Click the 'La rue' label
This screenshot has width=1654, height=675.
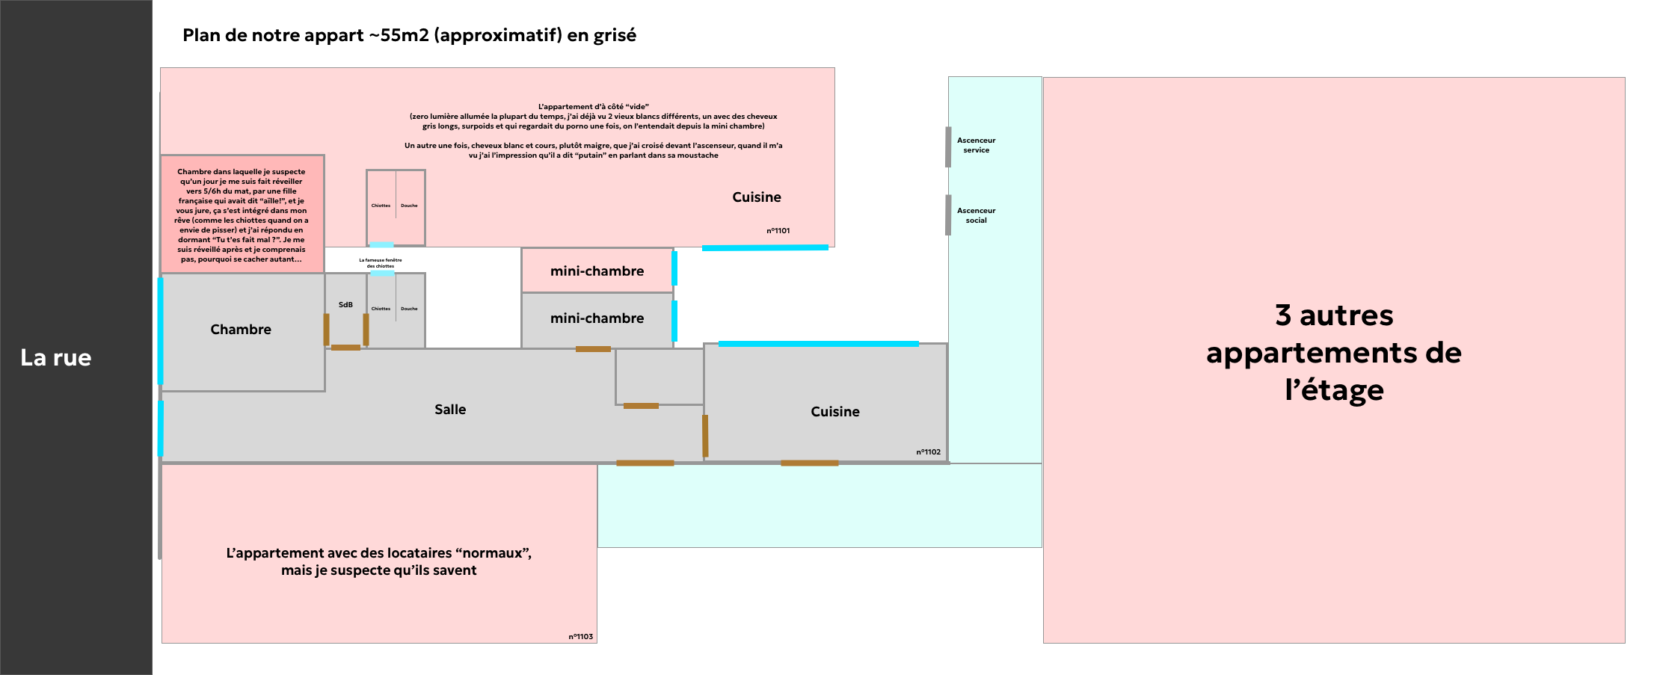(56, 357)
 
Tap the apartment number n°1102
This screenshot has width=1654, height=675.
(928, 451)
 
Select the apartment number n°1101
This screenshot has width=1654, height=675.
(778, 230)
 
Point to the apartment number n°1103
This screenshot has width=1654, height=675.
(580, 636)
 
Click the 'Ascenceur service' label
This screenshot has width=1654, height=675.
(976, 145)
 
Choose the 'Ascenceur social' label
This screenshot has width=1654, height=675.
(976, 215)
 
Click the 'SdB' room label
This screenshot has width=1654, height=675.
(345, 304)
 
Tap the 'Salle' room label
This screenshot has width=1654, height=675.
(450, 409)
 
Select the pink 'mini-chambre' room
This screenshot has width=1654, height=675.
(597, 271)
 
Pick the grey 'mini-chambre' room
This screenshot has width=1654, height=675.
(597, 318)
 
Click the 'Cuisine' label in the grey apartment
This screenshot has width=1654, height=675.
(834, 411)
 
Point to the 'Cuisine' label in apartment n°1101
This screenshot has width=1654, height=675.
(756, 197)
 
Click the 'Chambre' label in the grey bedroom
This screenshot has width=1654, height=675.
(241, 329)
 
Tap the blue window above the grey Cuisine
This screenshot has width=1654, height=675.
(818, 344)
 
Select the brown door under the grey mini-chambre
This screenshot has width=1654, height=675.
(593, 349)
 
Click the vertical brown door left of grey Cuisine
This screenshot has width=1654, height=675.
(705, 436)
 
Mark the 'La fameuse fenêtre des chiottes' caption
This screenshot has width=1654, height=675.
(381, 263)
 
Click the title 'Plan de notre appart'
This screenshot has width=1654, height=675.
(409, 35)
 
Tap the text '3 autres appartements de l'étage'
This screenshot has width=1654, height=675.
(1333, 352)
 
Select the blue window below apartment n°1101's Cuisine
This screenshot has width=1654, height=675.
(764, 247)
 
